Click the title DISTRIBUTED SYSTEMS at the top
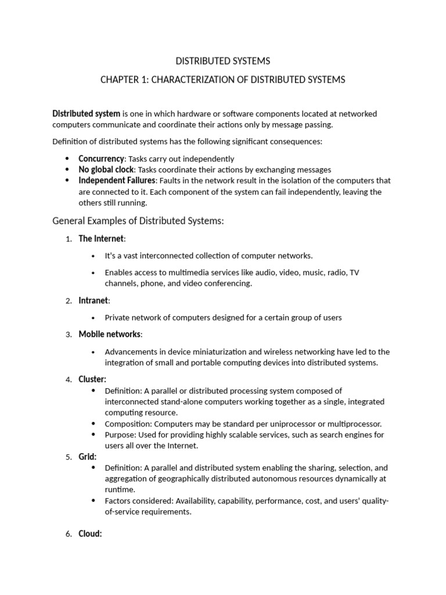[223, 60]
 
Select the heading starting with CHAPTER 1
[223, 80]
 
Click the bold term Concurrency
[101, 159]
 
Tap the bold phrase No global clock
[106, 170]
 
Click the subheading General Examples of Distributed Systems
[138, 221]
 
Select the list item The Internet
[101, 238]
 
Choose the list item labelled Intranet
[93, 300]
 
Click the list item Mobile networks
[109, 334]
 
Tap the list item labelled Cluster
[92, 379]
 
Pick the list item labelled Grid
[87, 457]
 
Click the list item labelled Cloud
[90, 534]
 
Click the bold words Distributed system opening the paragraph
[87, 114]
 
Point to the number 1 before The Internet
[68, 239]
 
